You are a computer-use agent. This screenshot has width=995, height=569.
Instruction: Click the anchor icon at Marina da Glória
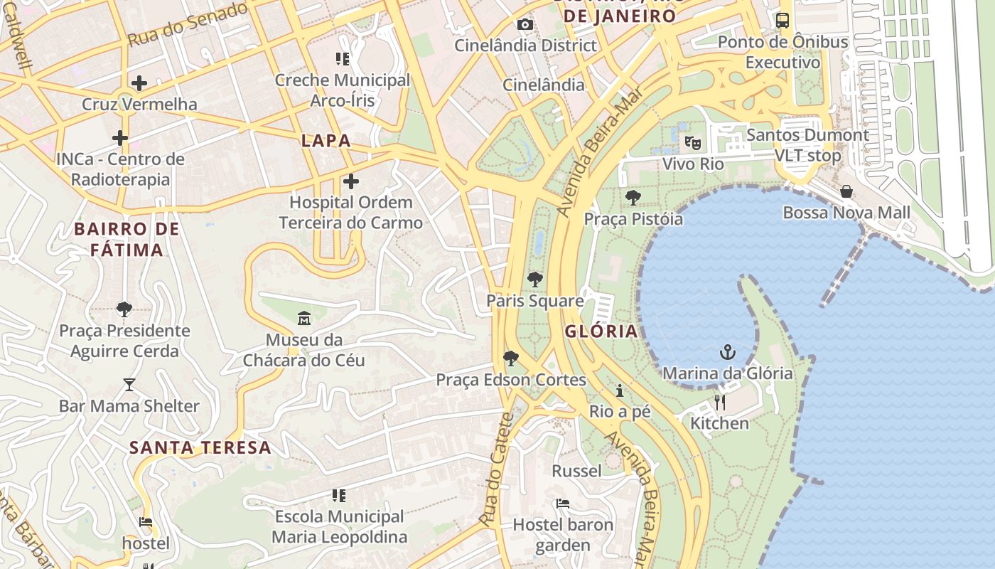pos(727,352)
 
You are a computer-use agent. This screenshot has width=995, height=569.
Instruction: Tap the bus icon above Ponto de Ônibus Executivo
pos(782,21)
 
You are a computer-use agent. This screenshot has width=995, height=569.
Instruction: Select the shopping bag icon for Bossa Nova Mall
pos(846,191)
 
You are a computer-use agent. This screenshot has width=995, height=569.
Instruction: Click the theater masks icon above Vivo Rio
pos(693,142)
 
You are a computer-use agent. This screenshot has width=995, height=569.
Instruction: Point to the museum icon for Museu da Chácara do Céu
pos(304,317)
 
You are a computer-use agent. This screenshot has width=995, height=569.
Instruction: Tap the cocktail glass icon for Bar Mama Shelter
pos(129,385)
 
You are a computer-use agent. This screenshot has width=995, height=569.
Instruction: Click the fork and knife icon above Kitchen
pos(720,402)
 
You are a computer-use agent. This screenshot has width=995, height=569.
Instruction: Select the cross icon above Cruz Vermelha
pos(139,83)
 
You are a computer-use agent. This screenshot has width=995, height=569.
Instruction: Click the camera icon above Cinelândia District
pos(525,25)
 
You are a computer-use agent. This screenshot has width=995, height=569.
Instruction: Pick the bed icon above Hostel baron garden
pos(563,504)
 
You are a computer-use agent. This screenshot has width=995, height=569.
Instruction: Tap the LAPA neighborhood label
pos(326,141)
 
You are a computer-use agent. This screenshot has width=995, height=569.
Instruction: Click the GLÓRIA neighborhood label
pos(601,331)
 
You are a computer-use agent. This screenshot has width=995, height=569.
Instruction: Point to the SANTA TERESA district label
pos(200,447)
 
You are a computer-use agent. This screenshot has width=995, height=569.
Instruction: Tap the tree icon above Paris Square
pos(534,279)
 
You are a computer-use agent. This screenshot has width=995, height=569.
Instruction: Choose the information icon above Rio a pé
pos(620,390)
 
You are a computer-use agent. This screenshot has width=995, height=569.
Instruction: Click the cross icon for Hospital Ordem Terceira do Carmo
pos(350,182)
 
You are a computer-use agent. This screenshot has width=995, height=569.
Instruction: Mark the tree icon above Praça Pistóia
pos(633,197)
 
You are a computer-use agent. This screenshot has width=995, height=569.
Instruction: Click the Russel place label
pos(576,471)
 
